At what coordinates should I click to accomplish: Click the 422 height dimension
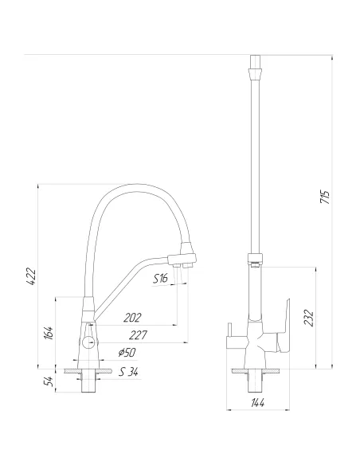click(x=29, y=278)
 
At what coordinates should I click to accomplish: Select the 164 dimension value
click(x=48, y=333)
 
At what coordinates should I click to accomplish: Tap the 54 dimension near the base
click(x=48, y=381)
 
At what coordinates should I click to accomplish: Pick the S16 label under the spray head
click(x=160, y=278)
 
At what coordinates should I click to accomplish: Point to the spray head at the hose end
click(x=182, y=256)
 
